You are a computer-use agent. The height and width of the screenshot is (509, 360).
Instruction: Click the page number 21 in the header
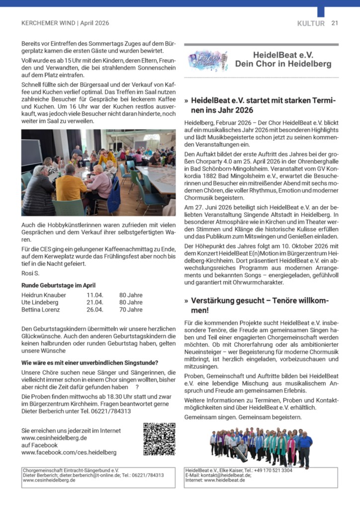[x=335, y=23]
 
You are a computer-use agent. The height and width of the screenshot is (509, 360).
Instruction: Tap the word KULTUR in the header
[x=311, y=23]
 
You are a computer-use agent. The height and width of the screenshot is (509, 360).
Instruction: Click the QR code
[x=159, y=439]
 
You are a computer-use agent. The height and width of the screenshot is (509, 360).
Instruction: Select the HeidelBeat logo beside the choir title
[x=208, y=61]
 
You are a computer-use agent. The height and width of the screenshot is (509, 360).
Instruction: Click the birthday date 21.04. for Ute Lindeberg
[x=94, y=302]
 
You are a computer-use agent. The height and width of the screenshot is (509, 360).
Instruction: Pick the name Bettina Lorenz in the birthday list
[x=41, y=310]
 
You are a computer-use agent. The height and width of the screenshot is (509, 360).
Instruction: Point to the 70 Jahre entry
[x=131, y=310]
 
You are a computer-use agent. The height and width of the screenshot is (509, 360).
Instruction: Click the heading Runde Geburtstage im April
[x=58, y=285]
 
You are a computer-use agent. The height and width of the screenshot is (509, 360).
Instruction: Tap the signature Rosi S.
[x=30, y=273]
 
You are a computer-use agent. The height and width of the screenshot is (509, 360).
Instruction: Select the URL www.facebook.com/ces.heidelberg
[x=69, y=452]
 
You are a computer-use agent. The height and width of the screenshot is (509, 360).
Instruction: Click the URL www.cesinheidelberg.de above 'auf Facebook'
[x=54, y=438]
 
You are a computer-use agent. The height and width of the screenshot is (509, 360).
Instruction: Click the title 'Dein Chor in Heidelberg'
[x=283, y=64]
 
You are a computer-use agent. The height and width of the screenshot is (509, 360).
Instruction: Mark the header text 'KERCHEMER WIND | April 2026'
[x=65, y=23]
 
